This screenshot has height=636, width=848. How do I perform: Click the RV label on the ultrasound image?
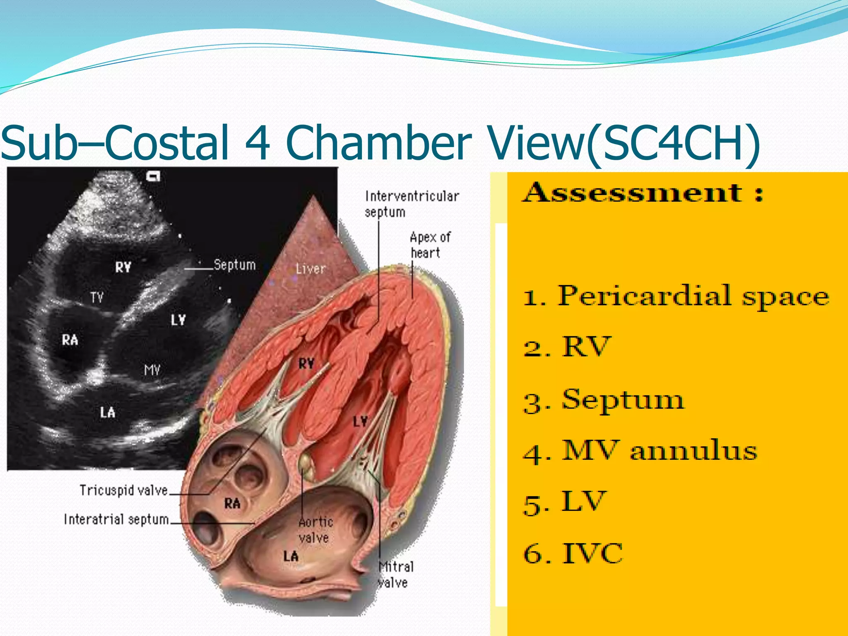point(123,267)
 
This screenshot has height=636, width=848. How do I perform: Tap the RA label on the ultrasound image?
point(70,340)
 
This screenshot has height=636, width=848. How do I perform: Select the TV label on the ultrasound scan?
point(97,297)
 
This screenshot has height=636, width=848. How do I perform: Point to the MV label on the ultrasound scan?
point(152,370)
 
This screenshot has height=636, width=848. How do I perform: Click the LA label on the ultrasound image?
point(108,412)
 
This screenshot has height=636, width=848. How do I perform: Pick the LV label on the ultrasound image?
point(178,320)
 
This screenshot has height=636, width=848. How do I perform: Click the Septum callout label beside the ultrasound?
point(234,265)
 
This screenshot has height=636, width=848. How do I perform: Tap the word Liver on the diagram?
point(311,269)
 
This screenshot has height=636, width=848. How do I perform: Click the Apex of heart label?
point(430,245)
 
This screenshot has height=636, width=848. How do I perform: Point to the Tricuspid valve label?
point(123,491)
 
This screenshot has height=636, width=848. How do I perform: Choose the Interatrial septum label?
point(116,519)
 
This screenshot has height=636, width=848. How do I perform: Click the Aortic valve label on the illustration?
point(316,530)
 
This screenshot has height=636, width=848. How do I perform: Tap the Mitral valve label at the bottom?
point(395,575)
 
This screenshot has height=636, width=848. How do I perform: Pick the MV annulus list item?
point(659,451)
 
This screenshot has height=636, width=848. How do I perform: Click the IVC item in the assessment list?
point(592,553)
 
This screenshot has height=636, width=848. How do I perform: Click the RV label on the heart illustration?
point(306,364)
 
